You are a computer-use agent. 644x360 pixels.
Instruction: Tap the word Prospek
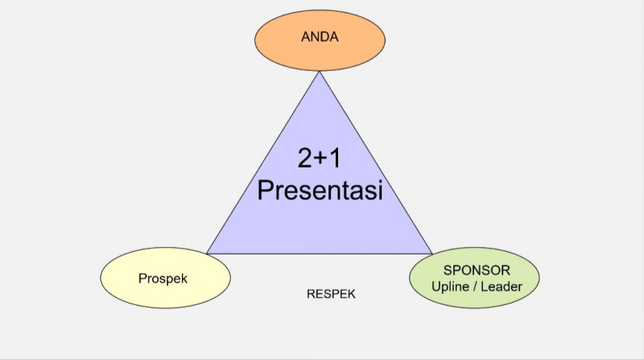163,278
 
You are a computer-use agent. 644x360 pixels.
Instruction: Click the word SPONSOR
477,270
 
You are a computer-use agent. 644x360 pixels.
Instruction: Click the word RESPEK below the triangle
331,294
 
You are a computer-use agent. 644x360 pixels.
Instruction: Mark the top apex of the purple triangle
320,72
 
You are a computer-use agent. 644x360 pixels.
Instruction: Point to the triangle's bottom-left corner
207,253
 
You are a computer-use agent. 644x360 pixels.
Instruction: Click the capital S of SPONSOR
448,270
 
